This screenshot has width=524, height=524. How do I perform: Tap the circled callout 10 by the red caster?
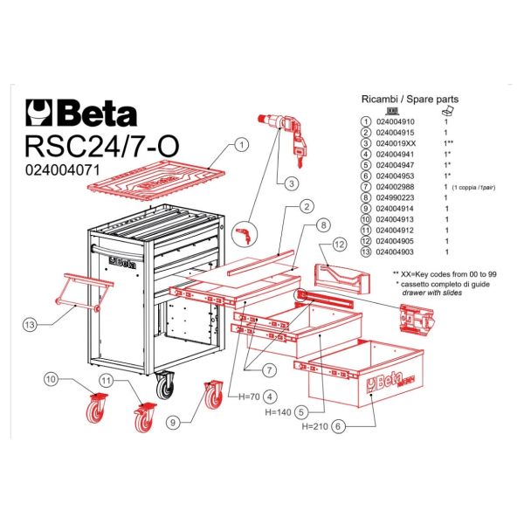(x=51, y=380)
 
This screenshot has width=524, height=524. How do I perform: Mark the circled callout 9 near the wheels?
(x=174, y=422)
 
